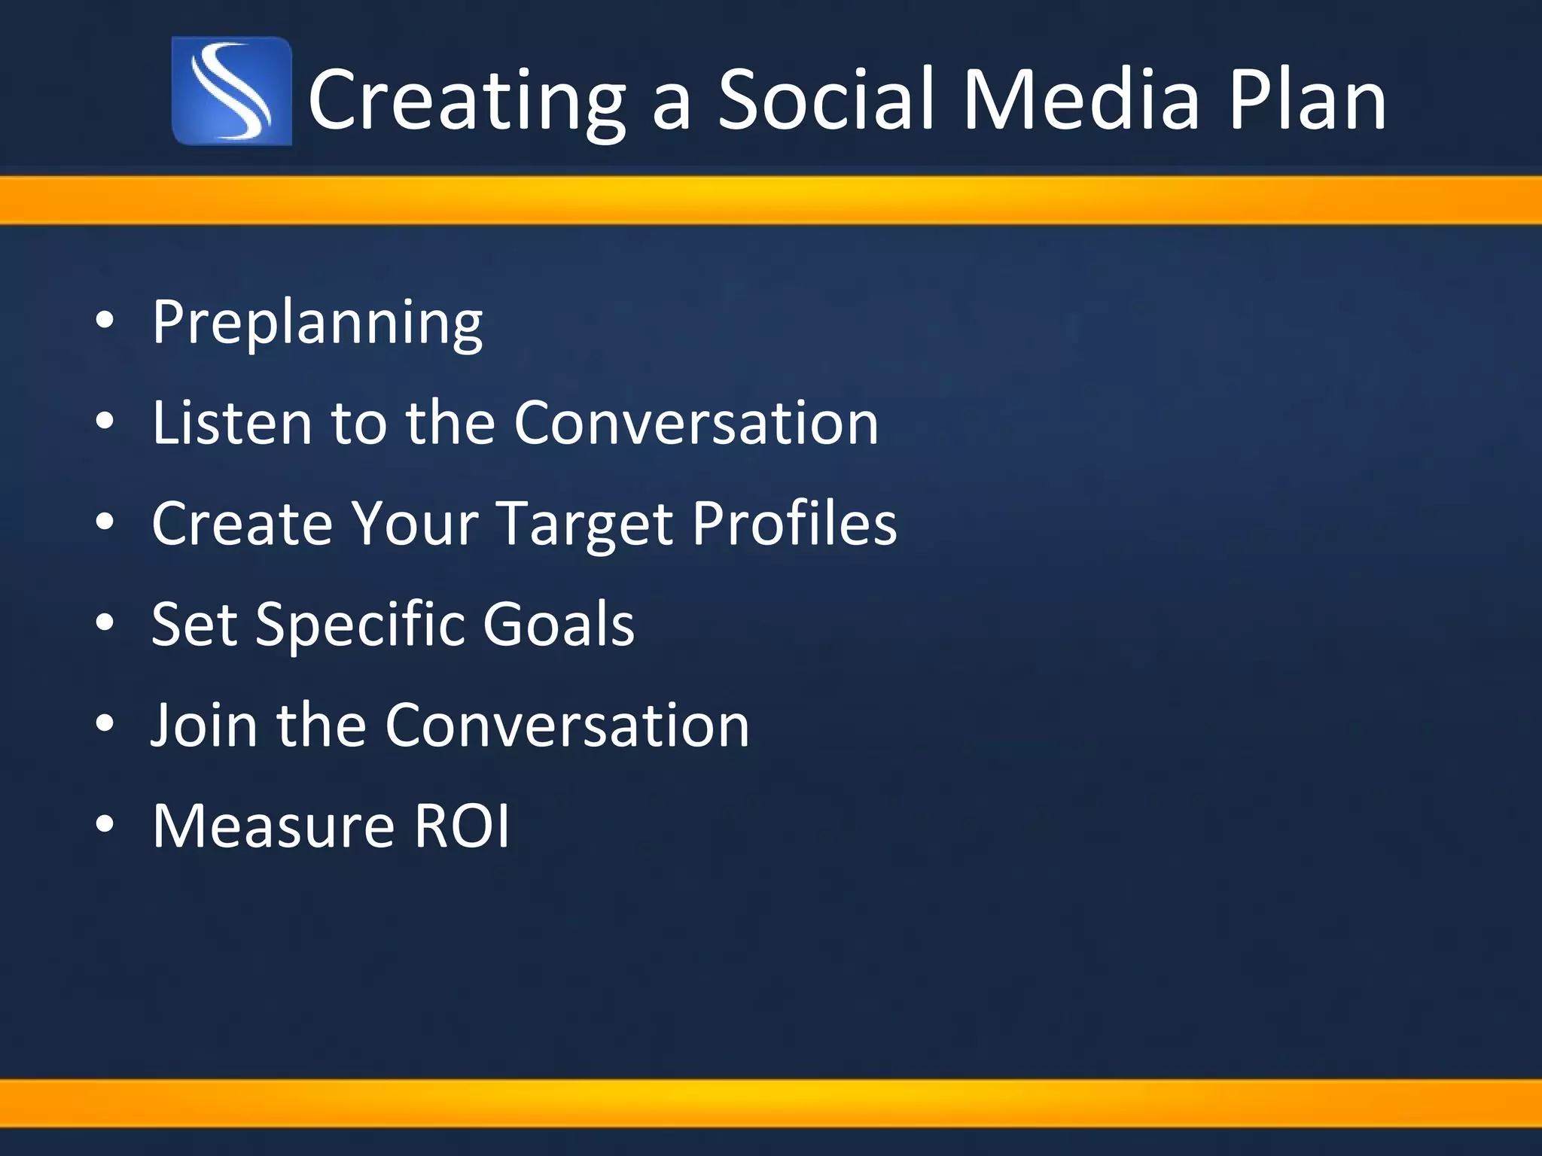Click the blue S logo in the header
point(231,91)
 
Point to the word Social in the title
point(828,100)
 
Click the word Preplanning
point(317,323)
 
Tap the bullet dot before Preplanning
point(105,321)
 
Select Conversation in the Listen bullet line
point(696,422)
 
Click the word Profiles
point(794,523)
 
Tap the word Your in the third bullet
point(414,523)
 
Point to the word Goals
point(558,624)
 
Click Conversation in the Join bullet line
point(567,725)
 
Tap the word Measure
point(273,826)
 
